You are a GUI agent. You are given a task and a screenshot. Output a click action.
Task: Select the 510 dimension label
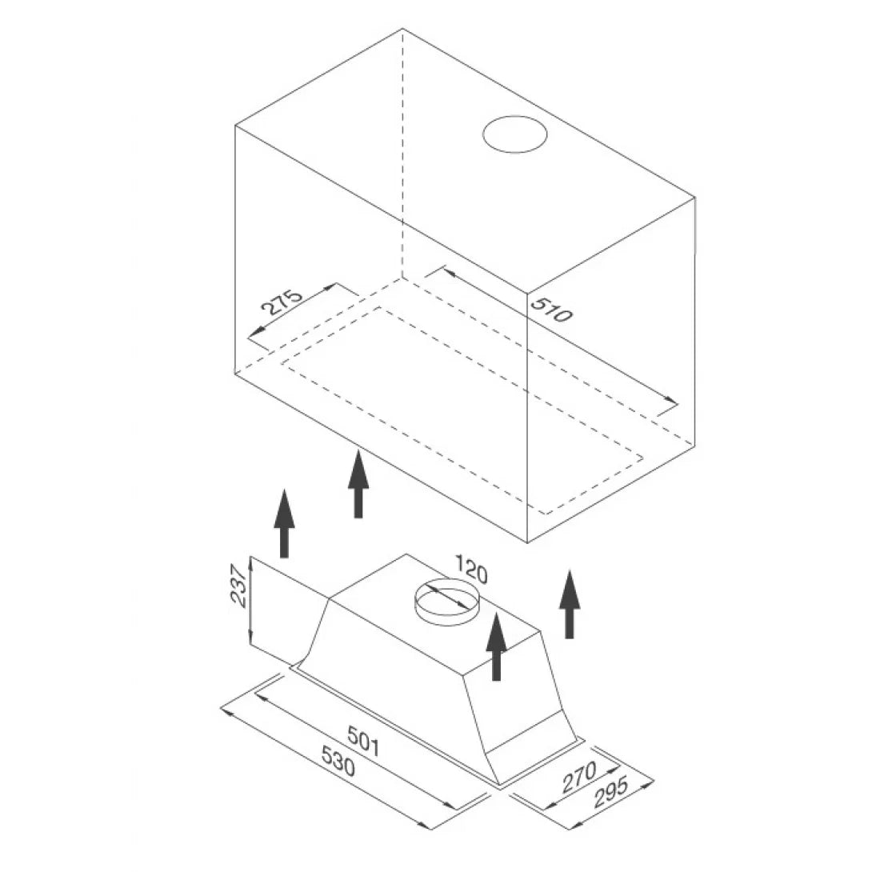tap(551, 310)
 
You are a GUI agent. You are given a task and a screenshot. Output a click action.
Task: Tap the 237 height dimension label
tap(238, 586)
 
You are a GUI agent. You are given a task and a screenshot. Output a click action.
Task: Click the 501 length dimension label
tap(364, 742)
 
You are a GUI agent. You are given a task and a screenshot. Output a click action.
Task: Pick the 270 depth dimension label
tap(579, 777)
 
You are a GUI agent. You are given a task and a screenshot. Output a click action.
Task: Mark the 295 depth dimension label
tap(611, 791)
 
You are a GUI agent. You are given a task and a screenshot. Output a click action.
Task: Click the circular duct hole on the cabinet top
tap(515, 134)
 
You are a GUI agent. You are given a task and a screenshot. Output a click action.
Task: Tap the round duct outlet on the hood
tap(446, 603)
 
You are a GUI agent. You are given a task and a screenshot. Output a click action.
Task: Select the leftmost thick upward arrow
tap(284, 522)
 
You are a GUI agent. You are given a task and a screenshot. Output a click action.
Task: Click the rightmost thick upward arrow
tap(570, 603)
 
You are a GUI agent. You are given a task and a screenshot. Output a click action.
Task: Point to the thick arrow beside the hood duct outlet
tap(496, 646)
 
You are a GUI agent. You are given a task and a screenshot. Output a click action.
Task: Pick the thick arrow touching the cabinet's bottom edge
tap(358, 484)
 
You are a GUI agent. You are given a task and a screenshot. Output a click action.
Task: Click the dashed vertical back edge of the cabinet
tap(402, 153)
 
